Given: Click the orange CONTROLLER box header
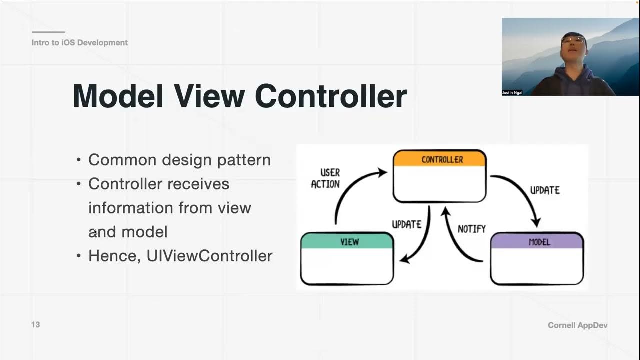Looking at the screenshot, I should click(x=439, y=159).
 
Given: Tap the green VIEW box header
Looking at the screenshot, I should click(x=347, y=241).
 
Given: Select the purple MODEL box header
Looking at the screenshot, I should click(x=537, y=241).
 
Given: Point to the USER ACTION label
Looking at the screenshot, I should click(x=325, y=178).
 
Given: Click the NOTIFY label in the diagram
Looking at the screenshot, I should click(x=471, y=229).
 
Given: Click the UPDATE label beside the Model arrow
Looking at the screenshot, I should click(x=544, y=190).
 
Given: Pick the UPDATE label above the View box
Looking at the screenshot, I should click(x=406, y=224).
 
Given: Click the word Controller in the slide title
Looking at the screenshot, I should click(x=331, y=96).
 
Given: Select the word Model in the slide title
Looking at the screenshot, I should click(x=118, y=96).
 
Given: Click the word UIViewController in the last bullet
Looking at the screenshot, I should click(x=209, y=256).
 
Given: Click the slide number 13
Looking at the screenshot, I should click(x=35, y=325).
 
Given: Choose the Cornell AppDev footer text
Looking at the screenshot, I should click(x=577, y=325).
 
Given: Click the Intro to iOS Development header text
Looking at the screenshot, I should click(x=79, y=43).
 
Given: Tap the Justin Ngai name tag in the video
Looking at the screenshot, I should click(x=512, y=93).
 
